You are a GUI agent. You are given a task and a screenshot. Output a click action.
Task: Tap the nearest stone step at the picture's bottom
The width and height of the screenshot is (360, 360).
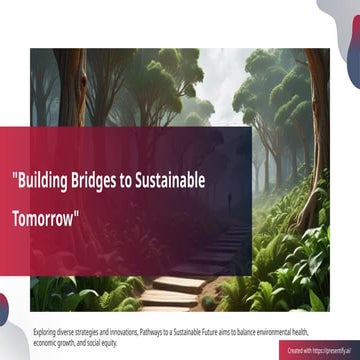click(x=170, y=299)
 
